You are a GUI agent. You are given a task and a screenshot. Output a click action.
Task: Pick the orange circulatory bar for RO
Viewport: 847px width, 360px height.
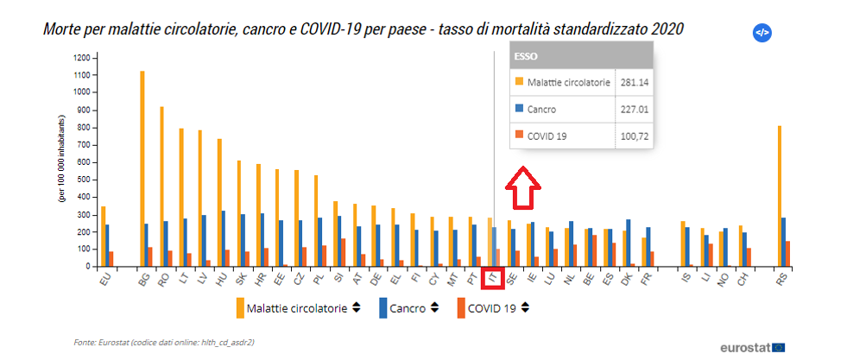click(x=161, y=186)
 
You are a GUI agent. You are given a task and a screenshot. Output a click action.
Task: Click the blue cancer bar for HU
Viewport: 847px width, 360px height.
click(x=223, y=238)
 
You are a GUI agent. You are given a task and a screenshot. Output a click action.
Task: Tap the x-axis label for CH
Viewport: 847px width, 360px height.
click(x=743, y=277)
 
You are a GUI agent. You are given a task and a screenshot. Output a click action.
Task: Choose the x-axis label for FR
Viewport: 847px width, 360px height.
click(x=645, y=277)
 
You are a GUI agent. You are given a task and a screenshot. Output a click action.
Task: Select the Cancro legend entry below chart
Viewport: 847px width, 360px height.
click(x=408, y=308)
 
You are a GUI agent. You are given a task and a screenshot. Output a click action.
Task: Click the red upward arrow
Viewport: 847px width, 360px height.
click(x=522, y=188)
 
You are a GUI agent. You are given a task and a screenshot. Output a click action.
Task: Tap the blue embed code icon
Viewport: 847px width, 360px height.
click(x=762, y=33)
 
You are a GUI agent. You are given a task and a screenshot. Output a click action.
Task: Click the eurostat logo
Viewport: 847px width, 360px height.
click(x=751, y=347)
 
